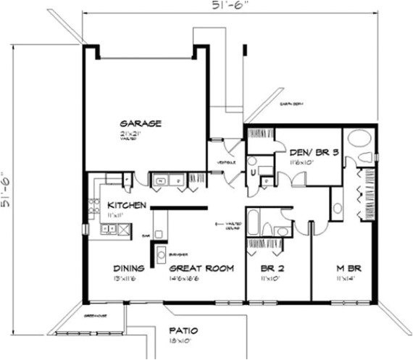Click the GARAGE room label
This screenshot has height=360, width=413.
(x=141, y=123)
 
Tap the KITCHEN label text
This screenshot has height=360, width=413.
(x=128, y=205)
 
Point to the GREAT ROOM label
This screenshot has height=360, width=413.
(x=202, y=268)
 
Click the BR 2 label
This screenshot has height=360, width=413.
(x=272, y=268)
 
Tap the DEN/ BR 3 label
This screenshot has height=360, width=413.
(x=314, y=152)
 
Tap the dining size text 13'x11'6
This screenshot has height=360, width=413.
(x=128, y=277)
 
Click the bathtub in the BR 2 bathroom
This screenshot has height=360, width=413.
(x=258, y=220)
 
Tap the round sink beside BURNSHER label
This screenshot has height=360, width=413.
(x=161, y=254)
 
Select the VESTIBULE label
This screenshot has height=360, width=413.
(x=225, y=163)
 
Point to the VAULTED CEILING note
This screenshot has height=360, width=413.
(x=230, y=227)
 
